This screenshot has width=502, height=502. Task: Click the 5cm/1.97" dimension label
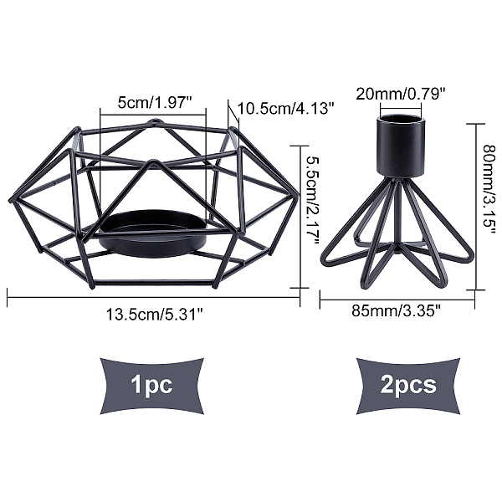(x=155, y=103)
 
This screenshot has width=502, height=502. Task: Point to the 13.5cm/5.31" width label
(x=155, y=314)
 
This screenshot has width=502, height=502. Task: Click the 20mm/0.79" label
(x=401, y=94)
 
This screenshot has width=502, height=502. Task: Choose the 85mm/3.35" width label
(x=397, y=310)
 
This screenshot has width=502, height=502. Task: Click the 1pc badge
(x=152, y=386)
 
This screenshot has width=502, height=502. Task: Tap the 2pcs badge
(x=408, y=386)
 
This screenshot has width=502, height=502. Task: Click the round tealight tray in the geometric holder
(x=153, y=234)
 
